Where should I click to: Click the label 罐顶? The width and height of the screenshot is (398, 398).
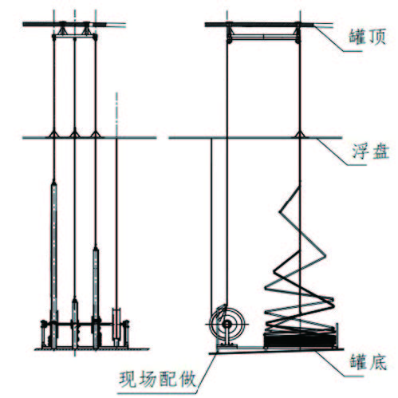tap(367, 37)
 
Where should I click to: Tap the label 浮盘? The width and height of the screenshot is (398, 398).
tap(371, 152)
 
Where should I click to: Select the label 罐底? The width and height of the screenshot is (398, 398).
tap(368, 362)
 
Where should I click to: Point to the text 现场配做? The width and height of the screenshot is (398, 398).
tap(157, 379)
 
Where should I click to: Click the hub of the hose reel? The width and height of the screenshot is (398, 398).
tap(227, 324)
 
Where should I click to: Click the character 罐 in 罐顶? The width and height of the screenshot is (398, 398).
tap(357, 37)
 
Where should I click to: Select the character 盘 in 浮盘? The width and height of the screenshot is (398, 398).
tap(380, 152)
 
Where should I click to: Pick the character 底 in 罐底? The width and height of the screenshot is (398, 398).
tap(378, 362)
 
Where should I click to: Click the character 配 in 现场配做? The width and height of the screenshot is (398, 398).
tap(167, 379)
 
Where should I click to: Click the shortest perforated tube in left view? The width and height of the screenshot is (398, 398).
tap(75, 323)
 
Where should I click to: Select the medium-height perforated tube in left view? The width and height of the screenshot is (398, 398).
tap(96, 298)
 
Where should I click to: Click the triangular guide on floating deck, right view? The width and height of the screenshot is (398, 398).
tap(300, 134)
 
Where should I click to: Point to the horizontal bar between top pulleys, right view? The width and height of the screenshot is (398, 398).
tap(263, 37)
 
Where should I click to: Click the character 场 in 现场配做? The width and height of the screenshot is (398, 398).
tap(148, 379)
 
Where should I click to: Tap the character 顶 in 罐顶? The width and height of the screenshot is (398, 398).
tap(376, 37)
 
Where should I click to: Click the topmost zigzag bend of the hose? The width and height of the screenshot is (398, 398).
tap(280, 211)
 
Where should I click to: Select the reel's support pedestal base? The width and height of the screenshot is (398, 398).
tap(227, 346)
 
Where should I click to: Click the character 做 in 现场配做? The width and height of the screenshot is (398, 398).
tap(187, 379)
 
